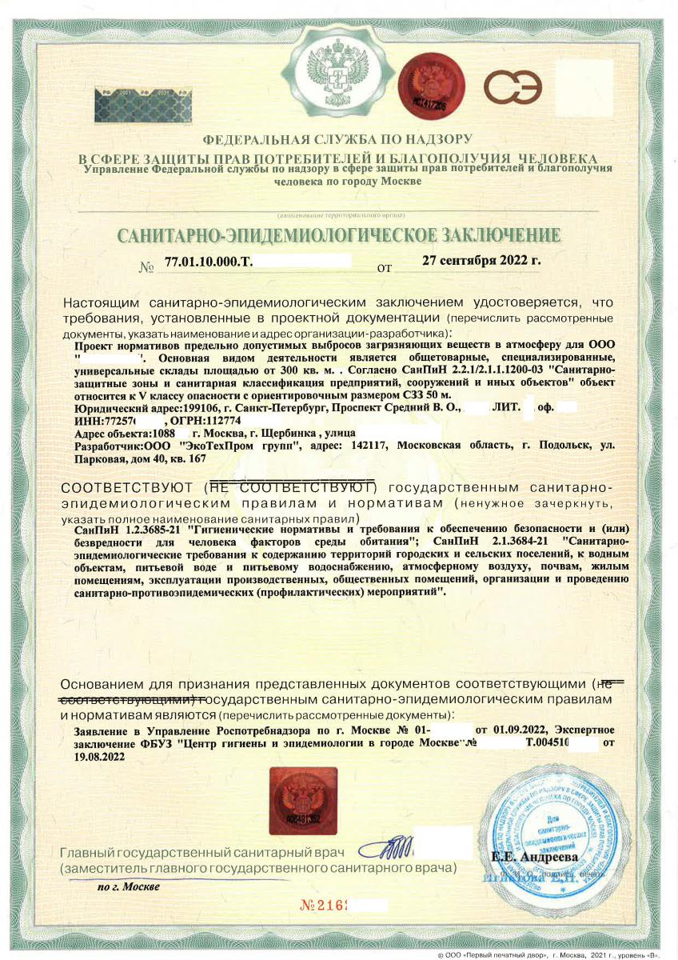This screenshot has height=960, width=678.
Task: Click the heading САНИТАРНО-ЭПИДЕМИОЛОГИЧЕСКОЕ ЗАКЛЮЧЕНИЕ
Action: tap(339, 235)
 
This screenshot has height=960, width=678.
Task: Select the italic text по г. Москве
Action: tap(128, 886)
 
